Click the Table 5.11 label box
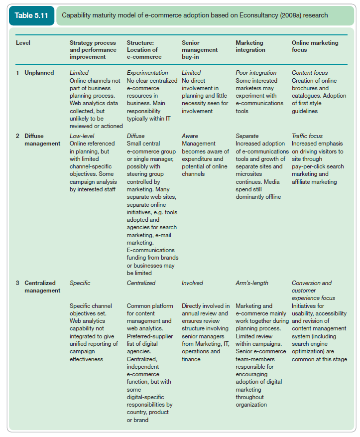coord(31,15)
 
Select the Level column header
coord(23,43)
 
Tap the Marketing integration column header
coord(250,46)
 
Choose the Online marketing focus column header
coord(315,46)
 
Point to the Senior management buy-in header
coord(200,50)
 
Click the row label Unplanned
coord(39,73)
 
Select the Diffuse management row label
coord(42,140)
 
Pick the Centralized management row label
coord(42,287)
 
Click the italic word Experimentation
coord(148,73)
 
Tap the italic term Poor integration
coord(256,73)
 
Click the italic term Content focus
coord(310,73)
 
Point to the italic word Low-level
coord(82,136)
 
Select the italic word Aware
coord(190,136)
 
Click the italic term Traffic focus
coord(307,136)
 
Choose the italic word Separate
coord(247,136)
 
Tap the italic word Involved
coord(192,283)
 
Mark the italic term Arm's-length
coord(251,283)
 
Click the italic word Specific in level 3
coord(80,283)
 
